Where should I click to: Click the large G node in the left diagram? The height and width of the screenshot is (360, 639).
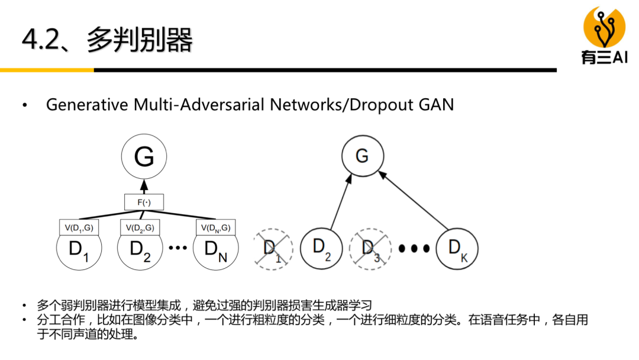144,156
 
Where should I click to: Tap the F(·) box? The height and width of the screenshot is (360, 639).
144,202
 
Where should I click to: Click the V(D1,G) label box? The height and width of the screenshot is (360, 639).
79,227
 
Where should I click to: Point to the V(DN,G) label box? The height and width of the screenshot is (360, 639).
215,227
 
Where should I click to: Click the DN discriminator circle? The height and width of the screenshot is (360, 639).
215,249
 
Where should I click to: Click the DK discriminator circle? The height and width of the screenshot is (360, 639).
457,248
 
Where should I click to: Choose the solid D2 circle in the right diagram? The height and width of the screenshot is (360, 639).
321,248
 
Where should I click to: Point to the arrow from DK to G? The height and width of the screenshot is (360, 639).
414,200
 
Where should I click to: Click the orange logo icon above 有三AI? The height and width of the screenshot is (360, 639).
603,27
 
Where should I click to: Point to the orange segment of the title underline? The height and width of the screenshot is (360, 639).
47,70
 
